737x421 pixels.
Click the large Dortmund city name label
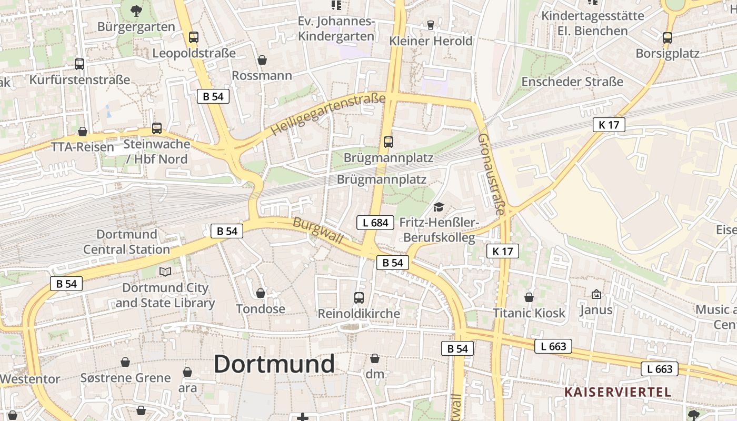[274, 364]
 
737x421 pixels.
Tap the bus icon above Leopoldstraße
[194, 37]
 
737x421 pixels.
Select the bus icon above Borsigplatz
[668, 38]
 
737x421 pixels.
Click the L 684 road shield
[376, 223]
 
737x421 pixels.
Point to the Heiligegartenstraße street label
[328, 114]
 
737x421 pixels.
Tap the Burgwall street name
[318, 232]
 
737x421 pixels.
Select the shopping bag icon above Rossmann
[262, 61]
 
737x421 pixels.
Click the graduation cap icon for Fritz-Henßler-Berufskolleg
[439, 207]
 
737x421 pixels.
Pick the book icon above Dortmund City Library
[165, 272]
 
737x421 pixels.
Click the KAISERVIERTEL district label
[618, 392]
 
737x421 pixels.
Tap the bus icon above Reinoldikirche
[359, 298]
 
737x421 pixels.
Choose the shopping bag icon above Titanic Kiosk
[529, 298]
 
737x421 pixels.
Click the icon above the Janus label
[596, 294]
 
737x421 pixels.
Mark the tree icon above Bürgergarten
[136, 10]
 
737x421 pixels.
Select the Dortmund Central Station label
[126, 242]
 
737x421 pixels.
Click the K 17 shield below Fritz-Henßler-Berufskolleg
[503, 251]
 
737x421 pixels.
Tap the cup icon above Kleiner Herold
[431, 25]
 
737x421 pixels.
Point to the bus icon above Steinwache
[156, 128]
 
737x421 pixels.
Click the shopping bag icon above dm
[375, 359]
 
